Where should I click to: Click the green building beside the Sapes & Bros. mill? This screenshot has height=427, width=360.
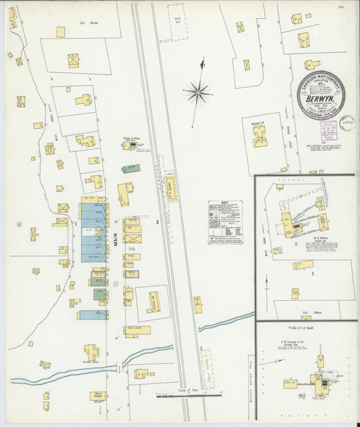(x=132, y=168)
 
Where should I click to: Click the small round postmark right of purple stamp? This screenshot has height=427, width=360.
(x=346, y=123)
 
